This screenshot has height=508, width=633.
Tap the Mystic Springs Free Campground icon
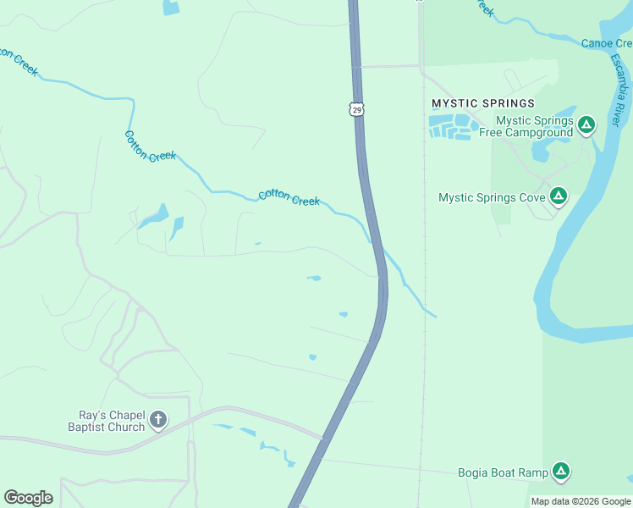(x=586, y=126)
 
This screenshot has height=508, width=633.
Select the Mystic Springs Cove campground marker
(x=558, y=197)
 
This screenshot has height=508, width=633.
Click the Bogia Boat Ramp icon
(x=560, y=472)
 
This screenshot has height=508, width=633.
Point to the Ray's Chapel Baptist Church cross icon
(x=157, y=420)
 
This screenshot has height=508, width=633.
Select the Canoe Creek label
(x=606, y=43)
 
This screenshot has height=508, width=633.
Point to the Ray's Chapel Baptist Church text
(x=107, y=421)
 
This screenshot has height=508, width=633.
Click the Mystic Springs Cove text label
(x=491, y=198)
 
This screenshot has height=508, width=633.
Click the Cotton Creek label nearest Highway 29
(x=289, y=197)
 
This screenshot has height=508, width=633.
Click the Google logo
(x=28, y=498)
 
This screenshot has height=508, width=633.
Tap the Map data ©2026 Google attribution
(x=581, y=501)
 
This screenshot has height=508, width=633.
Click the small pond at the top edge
(x=171, y=8)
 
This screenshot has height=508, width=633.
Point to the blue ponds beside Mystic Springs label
(x=450, y=127)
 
